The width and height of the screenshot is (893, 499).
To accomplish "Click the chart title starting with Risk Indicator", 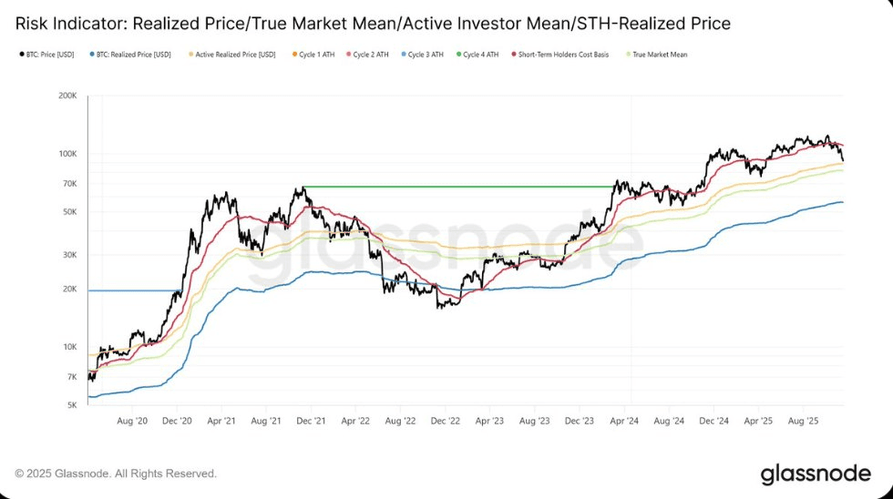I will pyautogui.click(x=373, y=22).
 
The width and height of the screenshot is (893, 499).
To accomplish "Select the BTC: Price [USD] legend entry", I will pyautogui.click(x=48, y=55).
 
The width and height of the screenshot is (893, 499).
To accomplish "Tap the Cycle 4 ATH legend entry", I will pyautogui.click(x=481, y=55).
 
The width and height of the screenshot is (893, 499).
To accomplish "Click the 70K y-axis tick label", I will pyautogui.click(x=70, y=184).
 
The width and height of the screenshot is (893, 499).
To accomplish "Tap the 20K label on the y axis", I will pyautogui.click(x=70, y=290).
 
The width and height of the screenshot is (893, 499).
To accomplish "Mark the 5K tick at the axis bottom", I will pyautogui.click(x=72, y=405).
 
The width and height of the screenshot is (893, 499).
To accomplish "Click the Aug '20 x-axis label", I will pyautogui.click(x=133, y=422).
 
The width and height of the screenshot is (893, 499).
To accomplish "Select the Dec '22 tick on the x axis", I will pyautogui.click(x=445, y=422).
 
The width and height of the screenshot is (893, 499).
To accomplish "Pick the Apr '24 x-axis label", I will pyautogui.click(x=624, y=422).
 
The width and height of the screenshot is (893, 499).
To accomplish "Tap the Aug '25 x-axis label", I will pyautogui.click(x=803, y=422).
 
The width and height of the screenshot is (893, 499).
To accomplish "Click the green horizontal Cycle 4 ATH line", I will pyautogui.click(x=456, y=187).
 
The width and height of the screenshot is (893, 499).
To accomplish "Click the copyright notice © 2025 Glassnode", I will pyautogui.click(x=116, y=474).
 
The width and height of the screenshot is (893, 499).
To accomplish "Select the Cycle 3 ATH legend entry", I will pyautogui.click(x=425, y=55).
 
